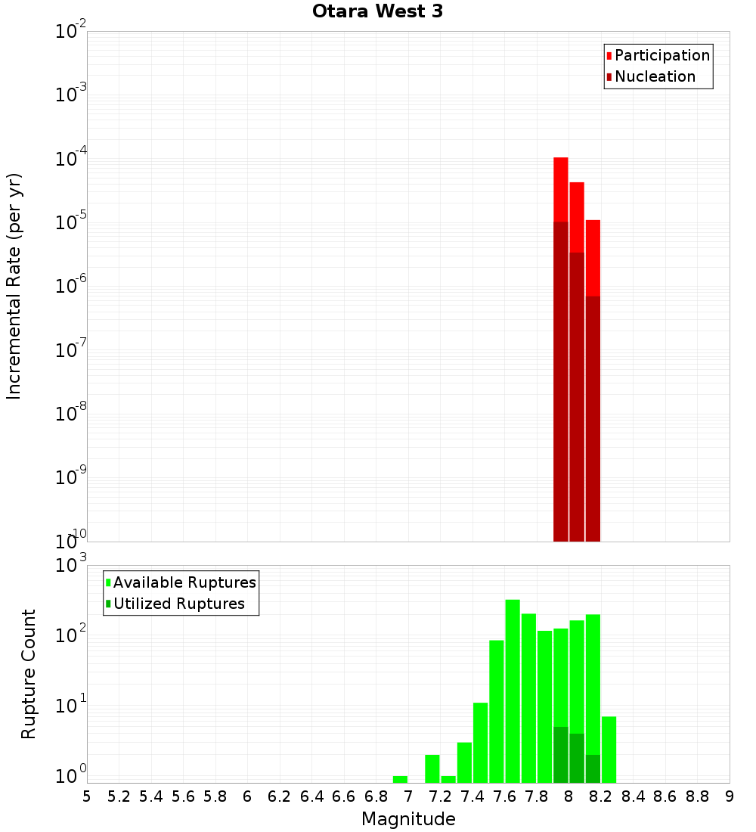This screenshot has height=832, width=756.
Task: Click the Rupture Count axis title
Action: pos(29,674)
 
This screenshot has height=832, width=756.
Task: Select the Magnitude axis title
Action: pos(408,819)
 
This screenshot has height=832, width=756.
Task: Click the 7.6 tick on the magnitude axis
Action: pos(504,796)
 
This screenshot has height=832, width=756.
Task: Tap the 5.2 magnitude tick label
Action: pos(119,796)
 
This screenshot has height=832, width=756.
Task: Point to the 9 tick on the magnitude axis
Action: pos(730,796)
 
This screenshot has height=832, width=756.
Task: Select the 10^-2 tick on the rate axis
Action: pos(71,32)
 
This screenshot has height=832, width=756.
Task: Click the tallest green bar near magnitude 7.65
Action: pos(513,688)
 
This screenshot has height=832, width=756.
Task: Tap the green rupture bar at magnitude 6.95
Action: pos(401,779)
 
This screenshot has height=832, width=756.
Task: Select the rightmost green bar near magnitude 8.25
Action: pos(609,749)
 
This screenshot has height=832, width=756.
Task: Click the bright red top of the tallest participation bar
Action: pos(561,189)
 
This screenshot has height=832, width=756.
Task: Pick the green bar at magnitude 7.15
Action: pos(432,768)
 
